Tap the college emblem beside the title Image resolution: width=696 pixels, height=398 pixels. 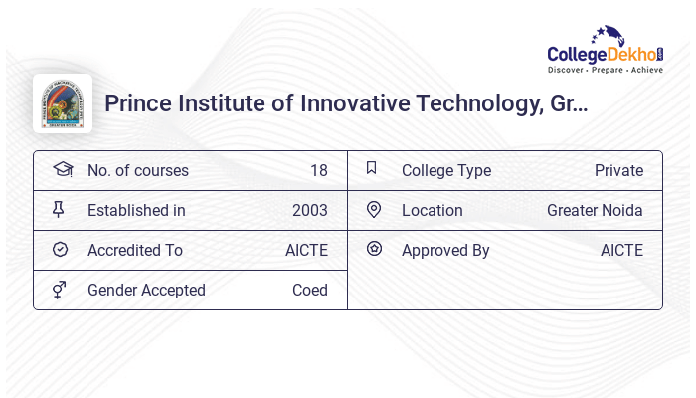(x=63, y=103)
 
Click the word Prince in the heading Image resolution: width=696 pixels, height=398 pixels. (x=137, y=104)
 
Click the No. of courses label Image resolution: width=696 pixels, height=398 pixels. (x=137, y=171)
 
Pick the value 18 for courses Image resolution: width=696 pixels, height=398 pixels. (x=318, y=171)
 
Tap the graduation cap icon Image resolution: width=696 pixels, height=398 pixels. (x=62, y=170)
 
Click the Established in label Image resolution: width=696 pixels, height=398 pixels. (x=136, y=211)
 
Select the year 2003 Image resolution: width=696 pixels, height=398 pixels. (x=309, y=211)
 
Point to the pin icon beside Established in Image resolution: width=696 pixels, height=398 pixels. (x=59, y=210)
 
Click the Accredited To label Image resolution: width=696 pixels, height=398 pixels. (x=135, y=251)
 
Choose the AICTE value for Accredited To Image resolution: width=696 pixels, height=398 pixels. (x=306, y=251)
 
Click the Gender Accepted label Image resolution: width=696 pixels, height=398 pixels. (x=146, y=291)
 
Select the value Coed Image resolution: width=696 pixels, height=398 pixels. (x=309, y=291)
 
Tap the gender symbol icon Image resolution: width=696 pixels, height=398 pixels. (x=59, y=290)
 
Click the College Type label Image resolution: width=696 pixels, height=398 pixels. (x=446, y=171)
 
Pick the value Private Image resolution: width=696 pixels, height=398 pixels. (x=618, y=171)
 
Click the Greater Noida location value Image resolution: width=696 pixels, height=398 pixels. (x=595, y=211)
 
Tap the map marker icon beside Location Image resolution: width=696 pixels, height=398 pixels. (x=374, y=210)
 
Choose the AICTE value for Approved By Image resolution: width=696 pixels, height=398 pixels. (x=621, y=251)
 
